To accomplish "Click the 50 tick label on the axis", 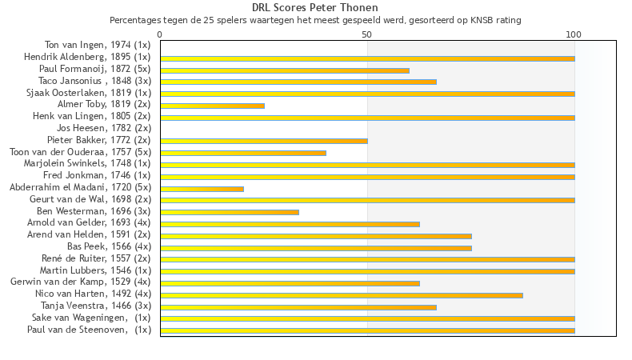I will (x=367, y=34).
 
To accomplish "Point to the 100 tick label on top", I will (x=574, y=34).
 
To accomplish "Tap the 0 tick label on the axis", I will (x=160, y=34).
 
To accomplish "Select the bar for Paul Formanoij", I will (x=285, y=70).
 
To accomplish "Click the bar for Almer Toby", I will (x=212, y=106).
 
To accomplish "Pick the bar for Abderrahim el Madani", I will (x=202, y=188).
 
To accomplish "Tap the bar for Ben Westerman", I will (x=230, y=212).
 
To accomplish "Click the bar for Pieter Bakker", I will (x=264, y=141).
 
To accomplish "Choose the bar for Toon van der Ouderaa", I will (x=243, y=153).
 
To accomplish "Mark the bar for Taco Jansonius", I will (x=298, y=82).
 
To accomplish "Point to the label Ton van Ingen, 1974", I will (x=98, y=46).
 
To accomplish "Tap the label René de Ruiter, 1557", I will (x=96, y=258).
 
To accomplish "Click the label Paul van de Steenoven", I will (x=89, y=330).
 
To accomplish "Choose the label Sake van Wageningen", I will (x=91, y=318).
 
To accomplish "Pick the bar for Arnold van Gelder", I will (x=290, y=224).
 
